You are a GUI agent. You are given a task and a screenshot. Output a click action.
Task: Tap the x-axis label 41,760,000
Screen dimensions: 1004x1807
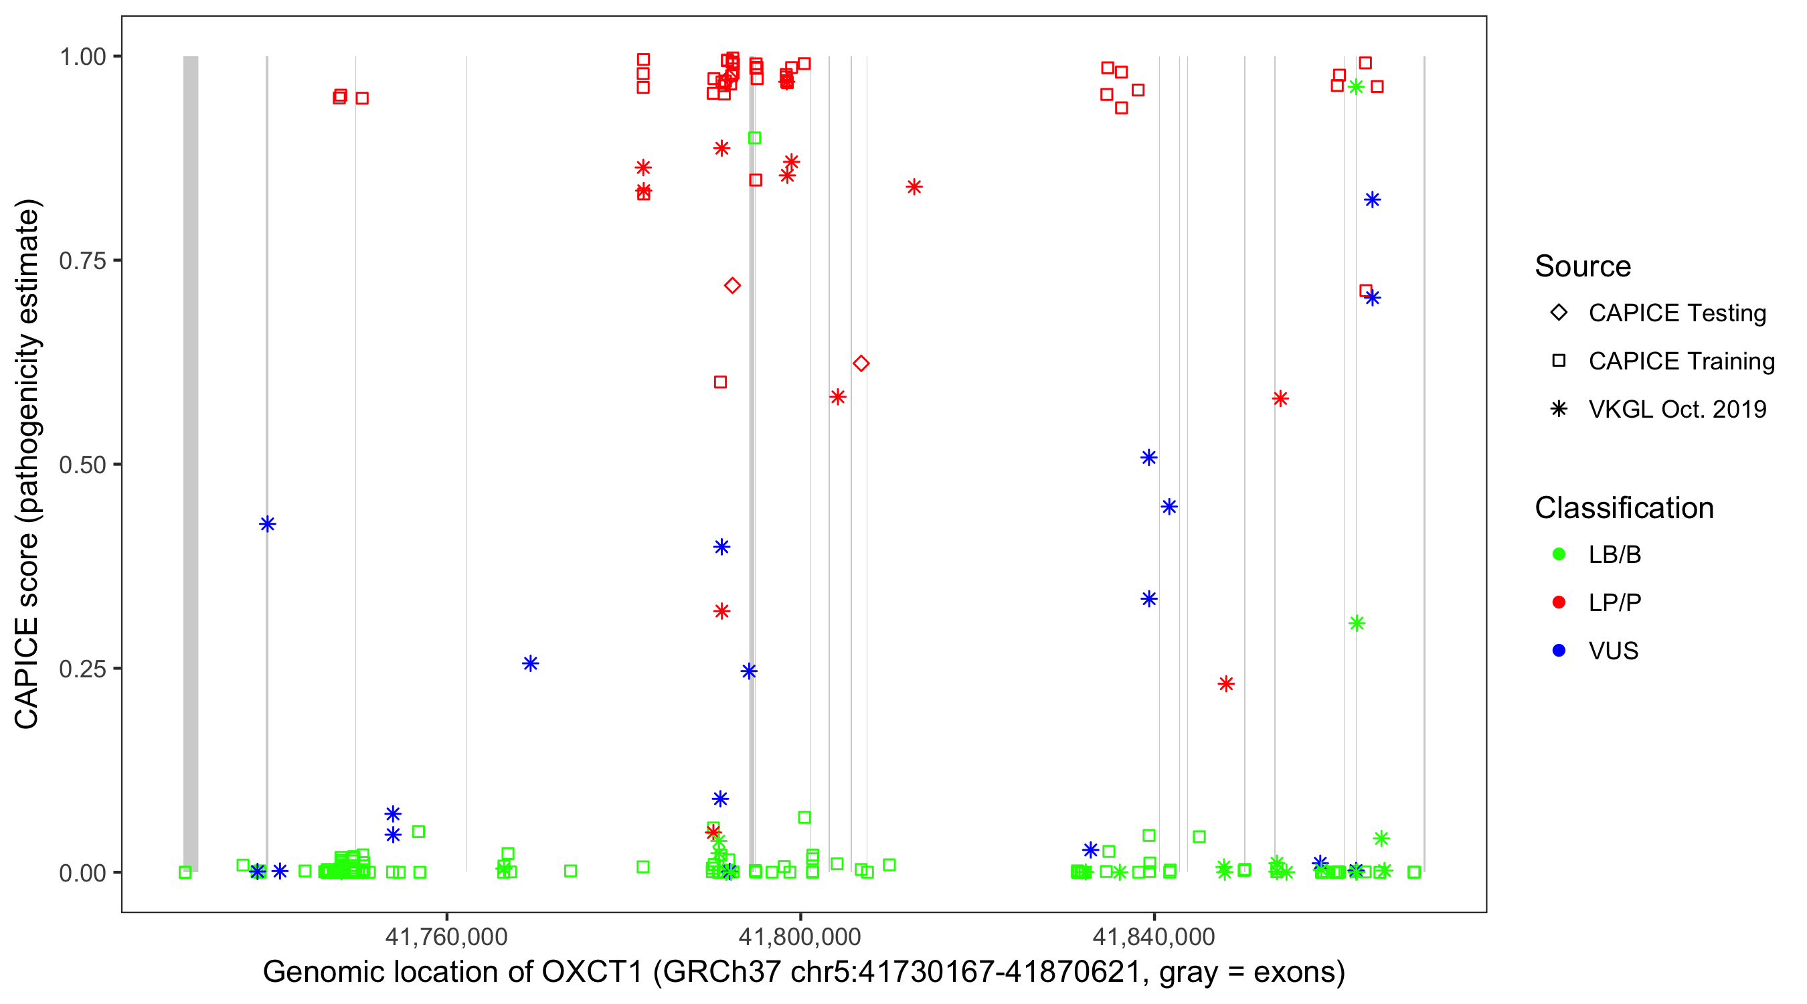click(x=446, y=936)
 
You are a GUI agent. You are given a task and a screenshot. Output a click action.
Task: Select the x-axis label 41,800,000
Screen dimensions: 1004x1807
click(x=800, y=936)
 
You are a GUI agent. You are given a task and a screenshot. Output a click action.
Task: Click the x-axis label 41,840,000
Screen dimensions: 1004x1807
click(x=1154, y=936)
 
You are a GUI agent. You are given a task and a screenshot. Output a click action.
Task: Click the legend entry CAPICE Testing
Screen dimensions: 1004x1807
click(x=1677, y=313)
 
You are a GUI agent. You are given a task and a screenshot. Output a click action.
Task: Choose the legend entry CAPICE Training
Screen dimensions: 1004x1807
click(x=1681, y=361)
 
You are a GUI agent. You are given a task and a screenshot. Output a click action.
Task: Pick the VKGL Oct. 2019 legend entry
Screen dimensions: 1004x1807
click(x=1677, y=410)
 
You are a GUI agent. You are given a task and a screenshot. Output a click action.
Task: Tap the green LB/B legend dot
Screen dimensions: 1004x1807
click(x=1559, y=554)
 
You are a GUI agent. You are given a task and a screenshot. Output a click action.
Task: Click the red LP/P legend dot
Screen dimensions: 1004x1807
click(x=1559, y=602)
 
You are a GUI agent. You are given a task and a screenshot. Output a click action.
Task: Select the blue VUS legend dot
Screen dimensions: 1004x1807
click(x=1559, y=651)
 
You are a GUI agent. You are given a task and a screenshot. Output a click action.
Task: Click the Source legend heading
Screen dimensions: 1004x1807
click(x=1583, y=266)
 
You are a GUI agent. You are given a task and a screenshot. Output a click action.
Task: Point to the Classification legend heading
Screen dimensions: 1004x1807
click(x=1624, y=508)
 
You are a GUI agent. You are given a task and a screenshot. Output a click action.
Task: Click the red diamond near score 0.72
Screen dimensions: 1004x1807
click(x=732, y=286)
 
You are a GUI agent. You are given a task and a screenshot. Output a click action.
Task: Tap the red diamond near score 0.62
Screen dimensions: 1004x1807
click(x=861, y=363)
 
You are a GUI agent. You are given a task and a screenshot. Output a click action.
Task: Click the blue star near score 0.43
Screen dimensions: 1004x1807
click(x=267, y=524)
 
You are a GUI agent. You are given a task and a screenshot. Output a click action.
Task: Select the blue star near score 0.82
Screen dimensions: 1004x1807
click(x=1373, y=200)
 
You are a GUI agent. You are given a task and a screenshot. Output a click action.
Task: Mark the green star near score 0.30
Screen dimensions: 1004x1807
click(x=1357, y=623)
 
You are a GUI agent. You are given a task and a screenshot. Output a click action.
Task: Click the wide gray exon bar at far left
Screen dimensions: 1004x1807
click(x=191, y=463)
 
